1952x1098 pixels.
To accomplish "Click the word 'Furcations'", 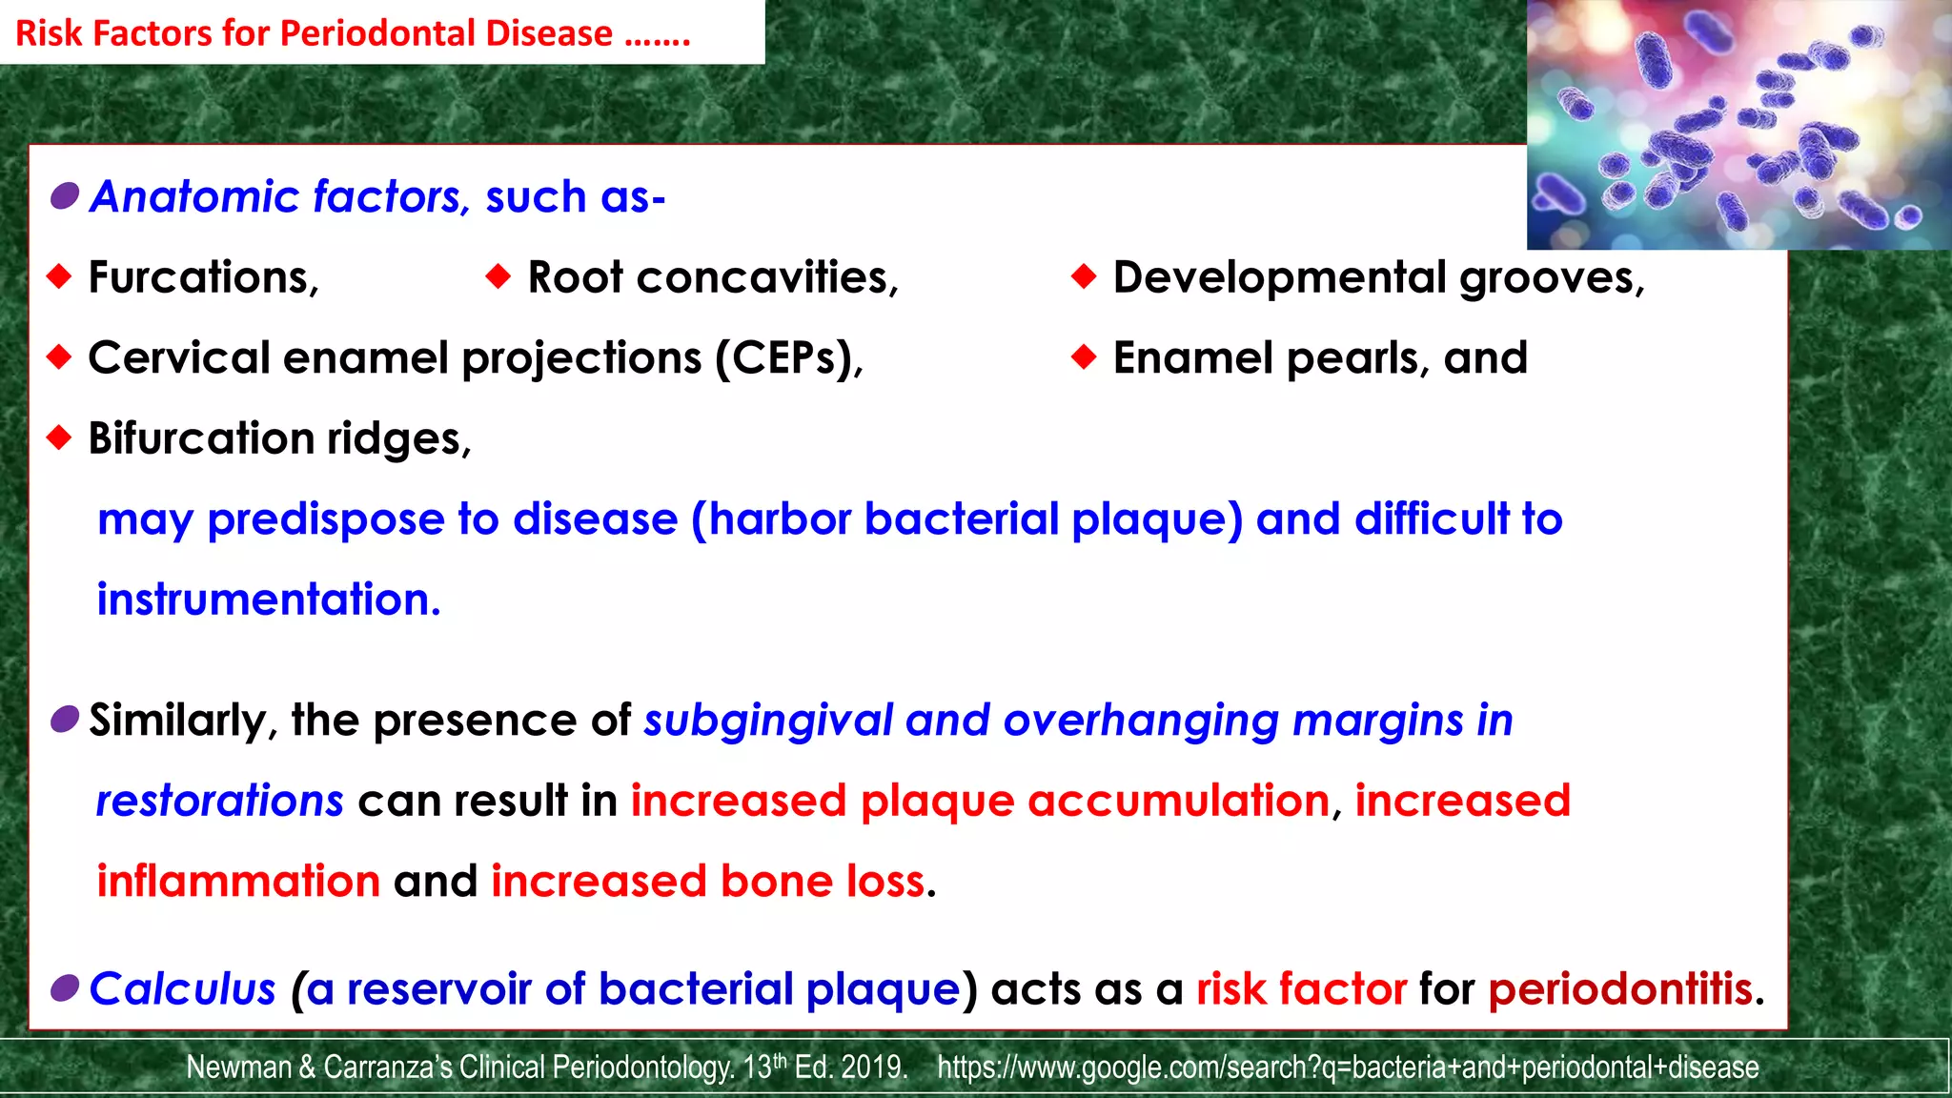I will (x=201, y=277).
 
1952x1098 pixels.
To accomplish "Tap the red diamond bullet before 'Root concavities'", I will (x=498, y=277).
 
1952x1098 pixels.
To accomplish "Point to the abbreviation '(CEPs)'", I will (x=788, y=358).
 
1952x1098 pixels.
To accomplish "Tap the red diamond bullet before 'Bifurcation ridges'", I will (x=59, y=438).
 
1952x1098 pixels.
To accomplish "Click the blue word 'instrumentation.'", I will (x=269, y=600).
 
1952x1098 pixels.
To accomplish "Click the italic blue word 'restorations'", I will (x=219, y=801).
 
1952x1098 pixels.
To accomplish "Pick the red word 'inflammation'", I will (x=238, y=881).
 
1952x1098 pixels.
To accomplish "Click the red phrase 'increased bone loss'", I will (x=707, y=881).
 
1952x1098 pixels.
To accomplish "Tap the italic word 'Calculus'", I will (x=182, y=989).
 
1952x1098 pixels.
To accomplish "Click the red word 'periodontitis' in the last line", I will (x=1619, y=989).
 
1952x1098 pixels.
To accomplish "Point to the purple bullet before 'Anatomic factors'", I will (x=65, y=196).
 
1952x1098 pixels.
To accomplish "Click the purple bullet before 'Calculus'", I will (x=65, y=988).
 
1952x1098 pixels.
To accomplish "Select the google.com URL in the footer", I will (x=1348, y=1067).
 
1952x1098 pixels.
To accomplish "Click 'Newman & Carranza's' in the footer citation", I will (x=318, y=1067).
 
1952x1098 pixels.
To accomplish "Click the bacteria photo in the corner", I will (x=1738, y=124).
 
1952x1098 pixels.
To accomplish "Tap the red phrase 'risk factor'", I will (x=1301, y=989).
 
